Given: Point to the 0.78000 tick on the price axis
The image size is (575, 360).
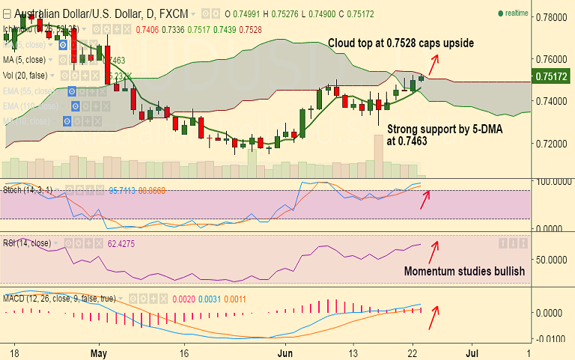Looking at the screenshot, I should coord(552,16).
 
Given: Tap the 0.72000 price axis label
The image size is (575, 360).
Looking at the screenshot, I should coord(552,142).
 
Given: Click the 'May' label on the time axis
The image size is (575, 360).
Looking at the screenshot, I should coord(100,351).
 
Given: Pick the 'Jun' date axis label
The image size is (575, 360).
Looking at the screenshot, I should coord(285,351).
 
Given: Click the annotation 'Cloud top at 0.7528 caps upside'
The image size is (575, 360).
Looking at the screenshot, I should coord(401,43).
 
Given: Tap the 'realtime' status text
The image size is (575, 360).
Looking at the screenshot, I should coord(517,13).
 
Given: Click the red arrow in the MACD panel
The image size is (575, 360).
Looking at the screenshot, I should coord(433,317).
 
